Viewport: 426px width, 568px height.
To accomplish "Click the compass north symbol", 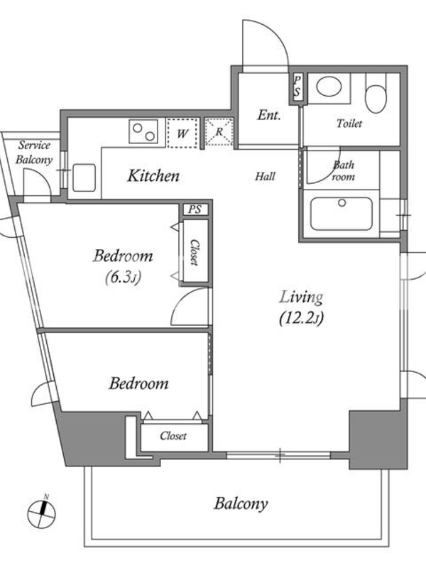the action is (42, 513).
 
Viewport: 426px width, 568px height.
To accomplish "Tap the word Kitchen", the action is (153, 176).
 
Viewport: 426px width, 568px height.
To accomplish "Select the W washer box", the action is (183, 133).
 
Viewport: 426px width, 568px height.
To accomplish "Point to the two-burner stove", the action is (143, 131).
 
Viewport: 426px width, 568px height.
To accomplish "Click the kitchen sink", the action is (84, 177).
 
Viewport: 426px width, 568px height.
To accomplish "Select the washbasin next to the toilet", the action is (329, 86).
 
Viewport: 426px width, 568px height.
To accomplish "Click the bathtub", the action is (342, 214).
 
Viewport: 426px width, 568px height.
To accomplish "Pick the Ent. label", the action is (269, 115).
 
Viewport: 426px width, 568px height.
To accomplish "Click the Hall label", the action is (265, 176).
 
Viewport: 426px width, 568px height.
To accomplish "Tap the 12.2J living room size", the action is (301, 318).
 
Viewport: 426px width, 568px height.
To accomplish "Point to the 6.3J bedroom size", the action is (123, 278).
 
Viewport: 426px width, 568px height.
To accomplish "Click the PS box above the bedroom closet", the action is (195, 209).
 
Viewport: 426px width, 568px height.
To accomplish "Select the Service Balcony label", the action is (34, 153).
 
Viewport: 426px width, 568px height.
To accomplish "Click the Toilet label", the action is (349, 124).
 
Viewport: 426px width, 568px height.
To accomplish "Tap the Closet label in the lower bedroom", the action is (173, 435).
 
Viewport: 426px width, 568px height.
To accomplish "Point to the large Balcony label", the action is (241, 504).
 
